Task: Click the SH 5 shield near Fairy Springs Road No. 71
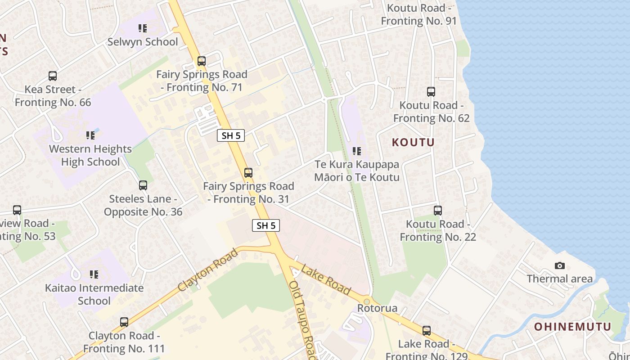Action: [x=230, y=135]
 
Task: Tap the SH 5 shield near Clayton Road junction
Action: [x=265, y=225]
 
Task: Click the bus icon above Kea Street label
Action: [x=53, y=76]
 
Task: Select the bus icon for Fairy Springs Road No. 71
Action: [x=202, y=61]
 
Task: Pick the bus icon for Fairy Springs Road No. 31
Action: [x=248, y=172]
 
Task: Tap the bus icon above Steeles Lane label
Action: [x=143, y=185]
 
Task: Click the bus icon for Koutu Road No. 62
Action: [x=431, y=92]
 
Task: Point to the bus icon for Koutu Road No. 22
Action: [x=437, y=210]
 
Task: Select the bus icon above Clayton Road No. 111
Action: [x=124, y=322]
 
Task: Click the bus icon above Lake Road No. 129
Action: [x=426, y=331]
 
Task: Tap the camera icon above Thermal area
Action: [x=560, y=265]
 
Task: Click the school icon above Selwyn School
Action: [x=143, y=28]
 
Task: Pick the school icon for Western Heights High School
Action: [x=90, y=135]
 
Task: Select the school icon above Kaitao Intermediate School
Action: [x=94, y=274]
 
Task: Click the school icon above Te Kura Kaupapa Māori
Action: [x=357, y=151]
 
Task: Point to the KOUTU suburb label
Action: [x=413, y=143]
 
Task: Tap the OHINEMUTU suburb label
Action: [x=573, y=327]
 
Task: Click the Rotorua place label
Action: [x=377, y=308]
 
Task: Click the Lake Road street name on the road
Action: [x=326, y=280]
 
